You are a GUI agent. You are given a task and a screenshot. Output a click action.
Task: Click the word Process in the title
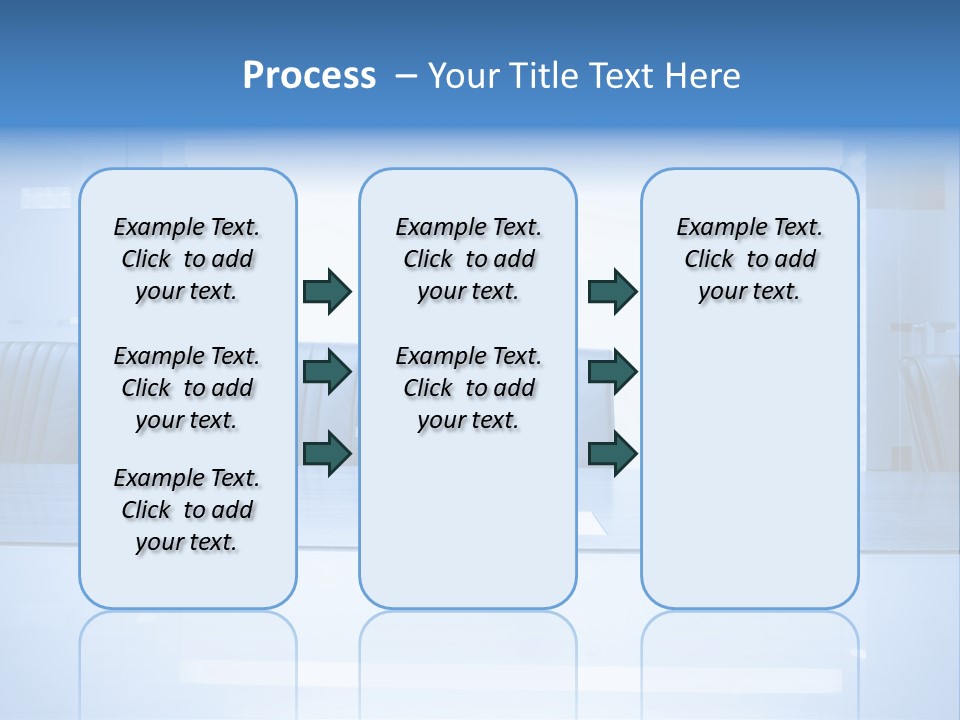point(309,75)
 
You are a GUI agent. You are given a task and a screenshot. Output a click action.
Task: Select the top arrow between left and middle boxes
point(326,291)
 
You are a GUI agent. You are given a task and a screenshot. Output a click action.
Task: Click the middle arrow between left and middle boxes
point(326,372)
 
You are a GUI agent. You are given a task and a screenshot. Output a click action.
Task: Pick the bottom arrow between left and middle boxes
point(326,454)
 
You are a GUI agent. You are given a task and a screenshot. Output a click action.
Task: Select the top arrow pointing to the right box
point(612,291)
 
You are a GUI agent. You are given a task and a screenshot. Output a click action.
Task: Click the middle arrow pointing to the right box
point(612,372)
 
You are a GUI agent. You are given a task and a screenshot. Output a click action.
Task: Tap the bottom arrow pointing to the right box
point(612,454)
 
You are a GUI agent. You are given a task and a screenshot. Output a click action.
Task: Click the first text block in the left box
point(187,259)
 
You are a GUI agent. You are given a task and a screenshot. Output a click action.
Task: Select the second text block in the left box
point(187,388)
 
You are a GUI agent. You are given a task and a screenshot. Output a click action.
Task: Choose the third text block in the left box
point(187,510)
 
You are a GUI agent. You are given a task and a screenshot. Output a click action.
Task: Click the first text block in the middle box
point(468,259)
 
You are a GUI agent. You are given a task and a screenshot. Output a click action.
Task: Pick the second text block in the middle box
point(468,388)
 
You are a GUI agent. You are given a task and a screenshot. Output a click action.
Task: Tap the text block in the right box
point(749,259)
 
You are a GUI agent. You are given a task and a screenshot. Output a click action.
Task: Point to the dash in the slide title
point(406,76)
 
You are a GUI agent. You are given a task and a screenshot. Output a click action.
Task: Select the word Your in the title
point(463,76)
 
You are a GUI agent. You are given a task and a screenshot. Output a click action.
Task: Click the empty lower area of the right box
point(749,480)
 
